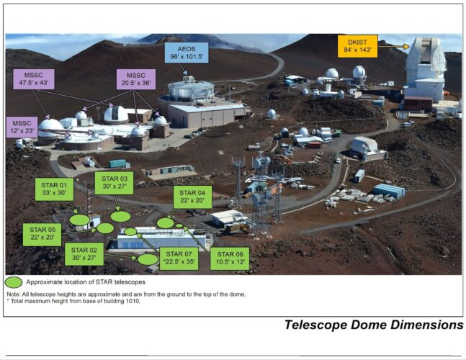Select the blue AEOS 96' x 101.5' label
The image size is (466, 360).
pos(186,53)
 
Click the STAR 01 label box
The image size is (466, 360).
pos(54,190)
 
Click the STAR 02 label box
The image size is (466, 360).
pos(84,254)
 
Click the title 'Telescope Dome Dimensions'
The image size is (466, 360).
pos(373,325)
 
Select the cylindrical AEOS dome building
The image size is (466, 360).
pos(190,91)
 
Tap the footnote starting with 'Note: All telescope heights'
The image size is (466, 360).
pos(126,294)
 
